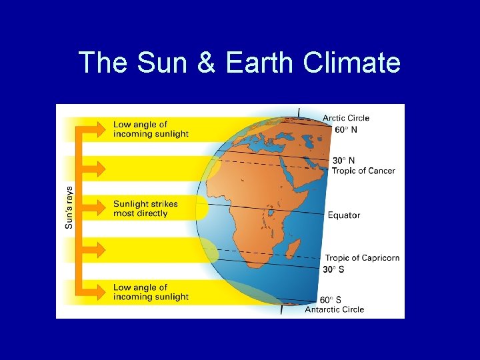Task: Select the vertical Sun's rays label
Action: click(69, 207)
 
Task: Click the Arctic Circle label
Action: click(346, 118)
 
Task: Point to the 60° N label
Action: click(345, 129)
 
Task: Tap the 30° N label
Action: click(345, 160)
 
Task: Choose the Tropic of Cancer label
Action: click(363, 171)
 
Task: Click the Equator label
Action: click(344, 215)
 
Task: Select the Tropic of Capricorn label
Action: click(362, 258)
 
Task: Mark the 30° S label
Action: click(335, 269)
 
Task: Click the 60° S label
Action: click(331, 299)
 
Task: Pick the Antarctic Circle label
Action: click(335, 309)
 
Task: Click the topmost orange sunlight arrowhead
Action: click(97, 127)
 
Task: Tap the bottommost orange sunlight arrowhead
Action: click(97, 291)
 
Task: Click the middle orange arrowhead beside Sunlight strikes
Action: click(97, 208)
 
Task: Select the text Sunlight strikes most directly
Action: click(145, 209)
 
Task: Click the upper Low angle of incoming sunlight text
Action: click(151, 129)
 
